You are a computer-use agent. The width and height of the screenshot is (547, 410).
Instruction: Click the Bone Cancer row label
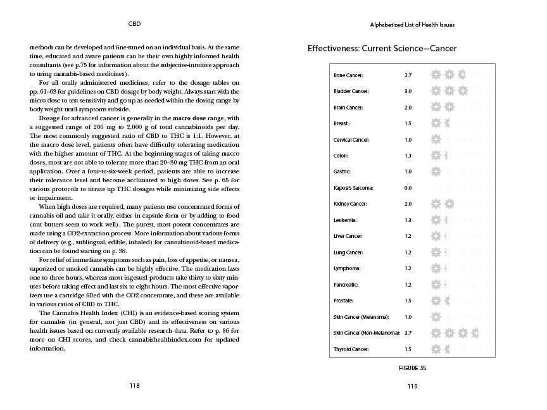pos(349,75)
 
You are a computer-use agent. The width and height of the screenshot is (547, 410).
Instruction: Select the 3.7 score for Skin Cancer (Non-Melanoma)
pos(408,333)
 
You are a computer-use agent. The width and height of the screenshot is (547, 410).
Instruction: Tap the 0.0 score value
pos(408,188)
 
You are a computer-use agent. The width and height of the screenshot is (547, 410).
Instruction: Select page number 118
pos(134,385)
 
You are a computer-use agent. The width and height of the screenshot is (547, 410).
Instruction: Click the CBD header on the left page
pos(134,25)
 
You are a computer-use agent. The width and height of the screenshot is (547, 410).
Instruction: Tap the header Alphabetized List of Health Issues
pos(412,25)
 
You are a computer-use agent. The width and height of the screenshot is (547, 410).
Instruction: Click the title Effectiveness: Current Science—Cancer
pos(382,49)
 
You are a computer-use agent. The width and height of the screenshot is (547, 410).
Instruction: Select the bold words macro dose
pos(191,118)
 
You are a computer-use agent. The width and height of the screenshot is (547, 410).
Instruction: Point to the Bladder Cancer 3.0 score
pos(408,91)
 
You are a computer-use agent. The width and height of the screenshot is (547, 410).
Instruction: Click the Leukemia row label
pos(345,220)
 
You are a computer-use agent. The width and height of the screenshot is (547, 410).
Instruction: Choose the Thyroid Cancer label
pos(351,349)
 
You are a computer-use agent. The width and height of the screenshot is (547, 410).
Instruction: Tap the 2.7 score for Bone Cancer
pos(408,75)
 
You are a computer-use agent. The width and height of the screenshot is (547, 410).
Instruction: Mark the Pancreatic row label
pos(346,285)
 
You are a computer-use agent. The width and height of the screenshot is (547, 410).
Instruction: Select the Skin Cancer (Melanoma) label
pos(361,317)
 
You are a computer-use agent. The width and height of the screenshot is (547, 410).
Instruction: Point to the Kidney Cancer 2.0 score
pos(408,204)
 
